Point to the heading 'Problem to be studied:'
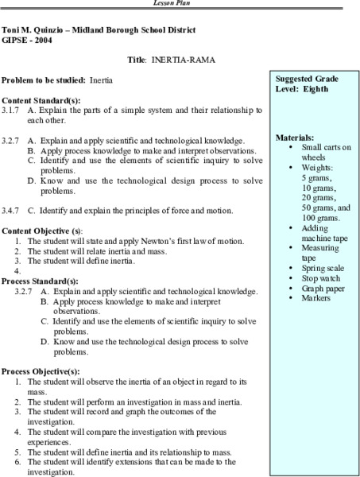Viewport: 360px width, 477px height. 44,81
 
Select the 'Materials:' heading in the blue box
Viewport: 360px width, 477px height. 295,138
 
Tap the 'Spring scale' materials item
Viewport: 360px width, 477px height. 323,270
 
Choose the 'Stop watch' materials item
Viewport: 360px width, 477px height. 321,280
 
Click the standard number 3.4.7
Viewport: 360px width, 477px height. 11,211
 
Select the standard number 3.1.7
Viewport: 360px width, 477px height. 11,111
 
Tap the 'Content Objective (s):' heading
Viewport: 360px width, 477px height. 41,230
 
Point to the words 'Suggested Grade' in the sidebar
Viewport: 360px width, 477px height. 307,79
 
